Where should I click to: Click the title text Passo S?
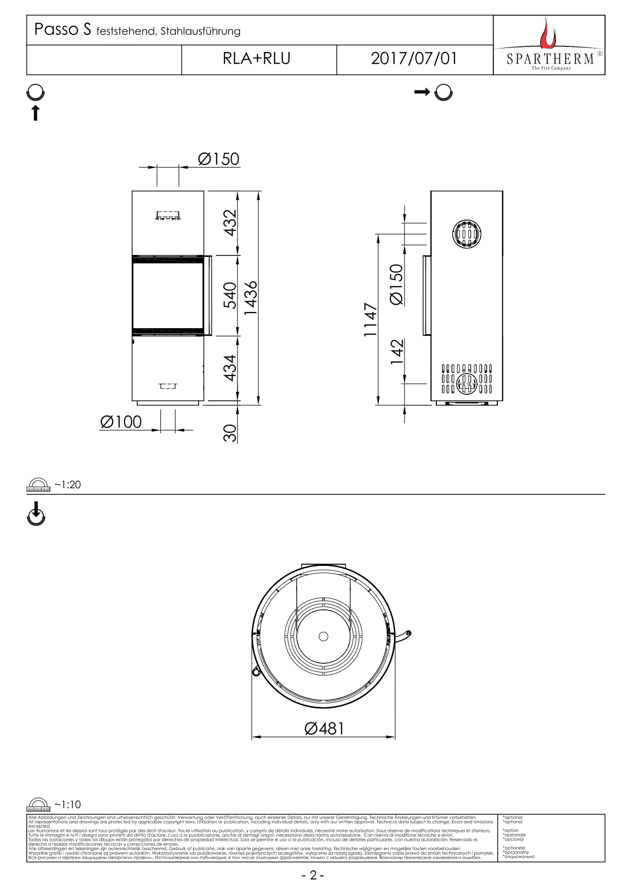63,30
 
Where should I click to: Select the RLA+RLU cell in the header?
257,59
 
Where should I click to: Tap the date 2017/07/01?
414,59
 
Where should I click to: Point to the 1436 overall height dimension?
251,298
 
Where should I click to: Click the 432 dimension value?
230,223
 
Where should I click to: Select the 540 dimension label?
230,295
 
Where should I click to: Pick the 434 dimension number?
230,368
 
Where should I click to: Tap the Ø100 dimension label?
121,422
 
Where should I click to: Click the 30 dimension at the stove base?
230,433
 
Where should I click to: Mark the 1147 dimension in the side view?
371,320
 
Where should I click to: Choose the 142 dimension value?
397,351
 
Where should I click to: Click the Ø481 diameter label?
324,728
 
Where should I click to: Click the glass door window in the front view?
167,296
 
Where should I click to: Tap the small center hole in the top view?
323,636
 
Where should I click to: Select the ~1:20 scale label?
68,485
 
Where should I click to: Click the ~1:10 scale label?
68,805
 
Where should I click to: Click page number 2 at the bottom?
313,875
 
